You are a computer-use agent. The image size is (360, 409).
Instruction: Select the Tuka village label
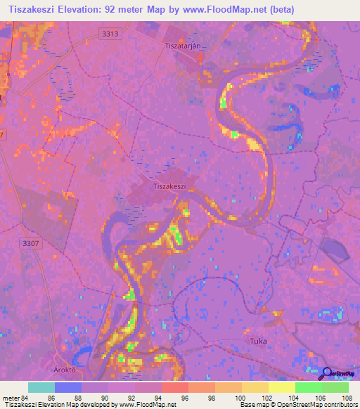[x=258, y=341]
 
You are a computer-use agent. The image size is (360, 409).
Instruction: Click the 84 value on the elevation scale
[x=25, y=398]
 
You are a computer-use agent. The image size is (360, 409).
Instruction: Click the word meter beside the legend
[x=10, y=398]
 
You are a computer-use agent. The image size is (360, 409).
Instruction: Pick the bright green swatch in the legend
[x=308, y=387]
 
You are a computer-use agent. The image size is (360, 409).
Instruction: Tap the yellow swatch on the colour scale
[x=281, y=387]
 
